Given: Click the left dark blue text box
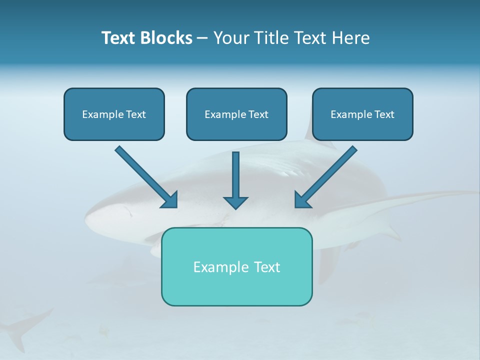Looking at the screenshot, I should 114,128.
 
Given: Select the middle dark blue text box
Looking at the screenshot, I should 236,128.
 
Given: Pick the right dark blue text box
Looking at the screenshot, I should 362,128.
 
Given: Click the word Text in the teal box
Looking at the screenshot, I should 267,267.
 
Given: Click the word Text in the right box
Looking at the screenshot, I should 384,114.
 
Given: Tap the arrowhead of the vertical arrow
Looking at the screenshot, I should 235,202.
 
